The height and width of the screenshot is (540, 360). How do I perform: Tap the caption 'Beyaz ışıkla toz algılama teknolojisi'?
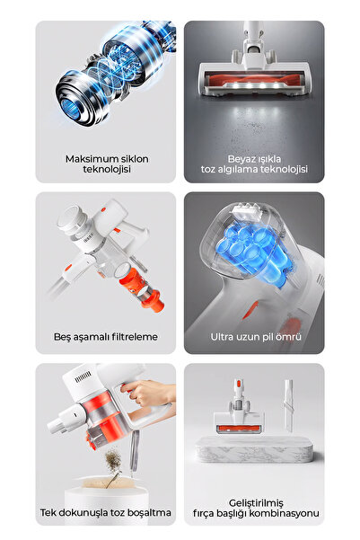tap(254, 164)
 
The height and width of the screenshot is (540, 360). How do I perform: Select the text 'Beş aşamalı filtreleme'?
tap(105, 337)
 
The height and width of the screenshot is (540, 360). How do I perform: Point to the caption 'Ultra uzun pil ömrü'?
tap(255, 337)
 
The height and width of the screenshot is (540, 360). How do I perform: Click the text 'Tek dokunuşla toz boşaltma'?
tap(105, 512)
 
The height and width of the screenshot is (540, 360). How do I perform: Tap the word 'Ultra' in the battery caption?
tap(224, 337)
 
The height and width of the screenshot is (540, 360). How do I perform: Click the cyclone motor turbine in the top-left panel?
tap(90, 81)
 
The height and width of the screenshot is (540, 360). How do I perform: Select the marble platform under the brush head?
tap(254, 454)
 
